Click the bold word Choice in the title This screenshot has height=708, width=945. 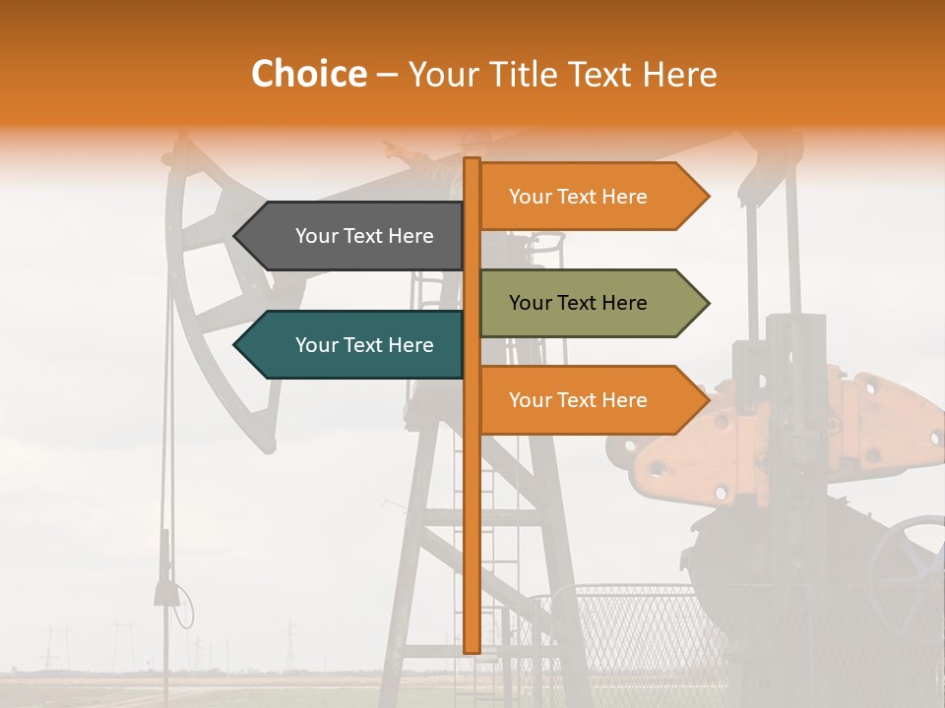coord(308,74)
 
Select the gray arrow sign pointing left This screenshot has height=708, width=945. coord(349,236)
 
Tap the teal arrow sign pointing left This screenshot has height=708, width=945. coord(349,345)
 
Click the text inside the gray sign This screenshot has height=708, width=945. coord(364,236)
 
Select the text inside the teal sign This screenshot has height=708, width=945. coord(364,345)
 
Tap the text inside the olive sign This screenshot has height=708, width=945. coord(578,303)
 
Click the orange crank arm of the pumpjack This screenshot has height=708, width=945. coord(787,433)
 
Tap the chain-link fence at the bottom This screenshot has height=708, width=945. coord(630,629)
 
